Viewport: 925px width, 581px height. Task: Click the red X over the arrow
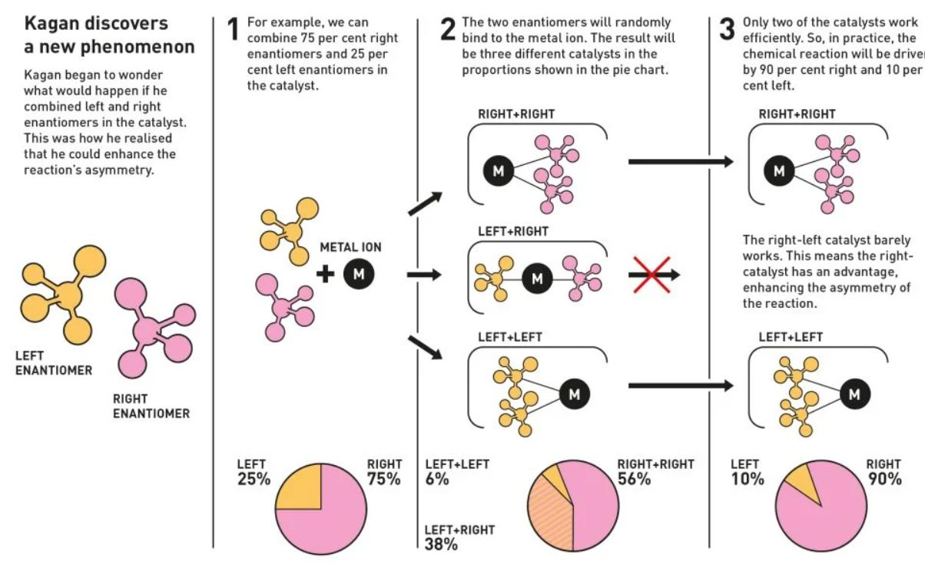(x=652, y=275)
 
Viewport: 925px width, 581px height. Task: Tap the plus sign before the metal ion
(x=326, y=274)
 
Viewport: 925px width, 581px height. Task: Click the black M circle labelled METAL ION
(x=359, y=274)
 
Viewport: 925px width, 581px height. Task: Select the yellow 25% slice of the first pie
(x=299, y=487)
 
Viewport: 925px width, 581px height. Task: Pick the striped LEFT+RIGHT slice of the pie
(x=549, y=516)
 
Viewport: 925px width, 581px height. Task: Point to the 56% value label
(x=635, y=479)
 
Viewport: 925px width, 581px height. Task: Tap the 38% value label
(x=441, y=544)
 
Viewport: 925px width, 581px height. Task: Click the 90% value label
(x=884, y=479)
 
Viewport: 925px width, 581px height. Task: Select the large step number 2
(x=448, y=29)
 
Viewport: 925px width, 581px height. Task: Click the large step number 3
(x=728, y=29)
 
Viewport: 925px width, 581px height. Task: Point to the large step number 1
(x=234, y=29)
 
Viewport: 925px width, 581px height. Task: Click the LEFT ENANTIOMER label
(x=54, y=363)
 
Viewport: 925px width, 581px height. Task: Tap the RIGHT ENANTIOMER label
(x=151, y=406)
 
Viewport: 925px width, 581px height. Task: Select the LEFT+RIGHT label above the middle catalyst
(x=513, y=232)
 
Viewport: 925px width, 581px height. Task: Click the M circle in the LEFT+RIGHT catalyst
(x=537, y=279)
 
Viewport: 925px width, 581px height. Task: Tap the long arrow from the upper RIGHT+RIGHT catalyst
(x=681, y=162)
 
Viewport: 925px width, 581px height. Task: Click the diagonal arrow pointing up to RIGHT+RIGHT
(x=425, y=203)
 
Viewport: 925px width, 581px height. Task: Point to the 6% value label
(x=437, y=479)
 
